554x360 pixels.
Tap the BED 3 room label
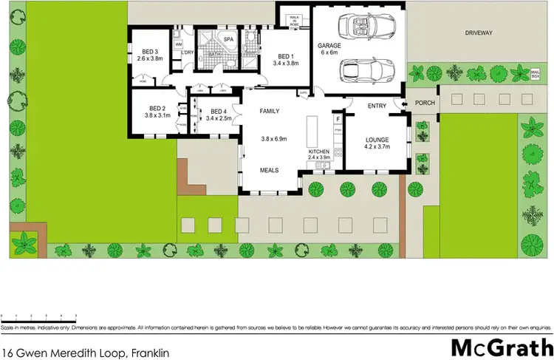pyautogui.click(x=146, y=52)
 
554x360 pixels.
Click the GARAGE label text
pyautogui.click(x=329, y=45)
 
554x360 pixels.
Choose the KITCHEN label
pyautogui.click(x=321, y=151)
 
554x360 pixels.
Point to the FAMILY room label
pyautogui.click(x=269, y=111)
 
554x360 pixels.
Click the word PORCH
pyautogui.click(x=423, y=103)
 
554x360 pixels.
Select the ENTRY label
pyautogui.click(x=377, y=106)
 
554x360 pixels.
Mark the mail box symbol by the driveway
pyautogui.click(x=536, y=72)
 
